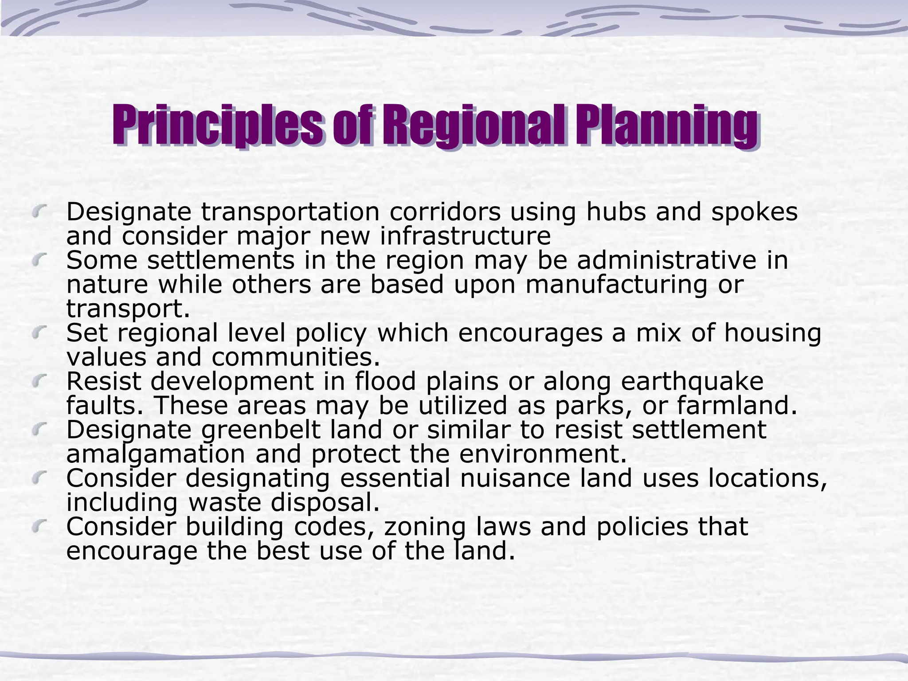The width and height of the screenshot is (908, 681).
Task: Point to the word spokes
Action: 754,212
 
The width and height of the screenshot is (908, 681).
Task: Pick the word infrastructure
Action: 465,236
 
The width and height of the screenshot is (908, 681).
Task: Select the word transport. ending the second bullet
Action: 128,309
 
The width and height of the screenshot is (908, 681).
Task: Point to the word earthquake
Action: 692,381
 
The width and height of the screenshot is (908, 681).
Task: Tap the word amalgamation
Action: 156,454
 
